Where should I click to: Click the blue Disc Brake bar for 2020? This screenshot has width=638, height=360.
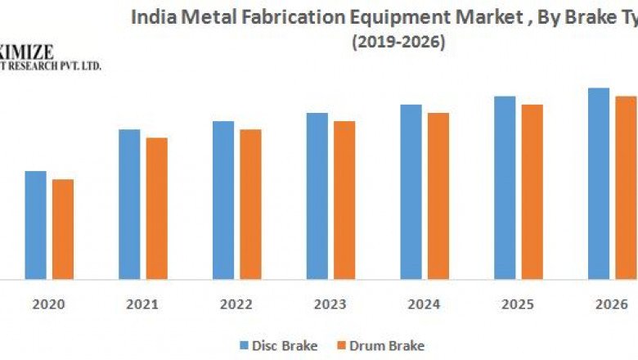click(x=36, y=225)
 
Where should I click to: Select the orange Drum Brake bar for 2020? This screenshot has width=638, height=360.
click(x=63, y=229)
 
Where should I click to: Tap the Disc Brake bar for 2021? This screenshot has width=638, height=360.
click(x=129, y=205)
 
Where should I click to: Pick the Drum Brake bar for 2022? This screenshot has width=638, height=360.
click(x=250, y=205)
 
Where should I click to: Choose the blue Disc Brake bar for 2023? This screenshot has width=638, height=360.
click(x=317, y=196)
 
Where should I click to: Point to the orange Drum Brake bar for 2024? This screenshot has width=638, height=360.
click(x=438, y=196)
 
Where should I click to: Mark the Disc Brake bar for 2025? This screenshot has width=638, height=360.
click(x=505, y=188)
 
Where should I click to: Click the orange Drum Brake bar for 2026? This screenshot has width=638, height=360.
click(x=626, y=188)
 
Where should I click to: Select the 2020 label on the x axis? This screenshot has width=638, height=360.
click(x=49, y=304)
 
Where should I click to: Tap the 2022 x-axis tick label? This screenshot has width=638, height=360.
click(x=236, y=304)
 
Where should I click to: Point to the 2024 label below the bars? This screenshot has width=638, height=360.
click(x=424, y=304)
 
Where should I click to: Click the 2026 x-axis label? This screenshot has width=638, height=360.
click(x=611, y=304)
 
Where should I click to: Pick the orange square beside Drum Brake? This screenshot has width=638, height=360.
click(x=343, y=346)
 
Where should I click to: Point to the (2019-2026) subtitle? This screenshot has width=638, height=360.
click(x=398, y=43)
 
